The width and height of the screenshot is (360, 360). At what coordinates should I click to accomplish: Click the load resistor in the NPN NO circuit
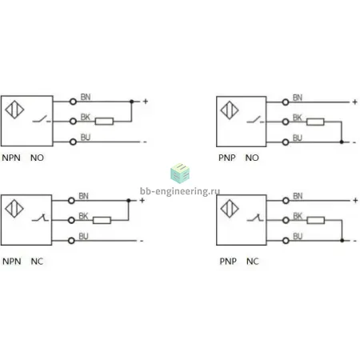pos(104,122)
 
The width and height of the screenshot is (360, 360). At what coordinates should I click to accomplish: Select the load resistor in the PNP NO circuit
pos(315,122)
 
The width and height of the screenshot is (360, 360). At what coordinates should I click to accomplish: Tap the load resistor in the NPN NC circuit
pos(102,220)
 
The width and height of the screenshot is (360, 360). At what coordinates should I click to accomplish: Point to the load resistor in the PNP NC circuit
pos(316,220)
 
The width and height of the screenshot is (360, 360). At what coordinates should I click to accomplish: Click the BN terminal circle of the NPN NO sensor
pos(73,102)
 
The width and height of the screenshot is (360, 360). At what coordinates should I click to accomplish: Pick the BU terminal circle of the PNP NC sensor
pos(286,241)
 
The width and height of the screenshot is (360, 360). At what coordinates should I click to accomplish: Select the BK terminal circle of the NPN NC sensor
pos(71,220)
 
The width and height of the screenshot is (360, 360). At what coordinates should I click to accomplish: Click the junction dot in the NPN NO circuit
pos(131,102)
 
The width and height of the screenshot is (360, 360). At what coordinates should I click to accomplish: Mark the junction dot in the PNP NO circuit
pos(342,142)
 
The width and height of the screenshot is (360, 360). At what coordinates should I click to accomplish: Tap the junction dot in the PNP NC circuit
pos(342,241)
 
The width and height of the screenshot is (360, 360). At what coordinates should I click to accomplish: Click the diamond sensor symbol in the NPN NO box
pos(14,110)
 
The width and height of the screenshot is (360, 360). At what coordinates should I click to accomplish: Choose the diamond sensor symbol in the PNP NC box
pos(230,209)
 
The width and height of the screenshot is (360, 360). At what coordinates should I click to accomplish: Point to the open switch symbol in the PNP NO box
pos(255,120)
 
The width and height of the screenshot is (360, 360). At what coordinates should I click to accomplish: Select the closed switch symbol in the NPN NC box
pos(40,218)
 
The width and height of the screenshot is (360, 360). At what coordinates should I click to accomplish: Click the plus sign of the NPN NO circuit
pos(146,102)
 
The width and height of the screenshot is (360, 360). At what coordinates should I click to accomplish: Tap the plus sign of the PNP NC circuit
pos(355,200)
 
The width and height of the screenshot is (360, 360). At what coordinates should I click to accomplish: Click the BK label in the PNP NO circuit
pos(297,118)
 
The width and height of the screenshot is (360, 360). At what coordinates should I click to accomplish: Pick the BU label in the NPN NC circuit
pos(83,236)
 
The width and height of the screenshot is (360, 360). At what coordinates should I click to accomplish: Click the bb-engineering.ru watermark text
pos(180,191)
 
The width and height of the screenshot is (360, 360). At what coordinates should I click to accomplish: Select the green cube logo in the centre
pos(180,174)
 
